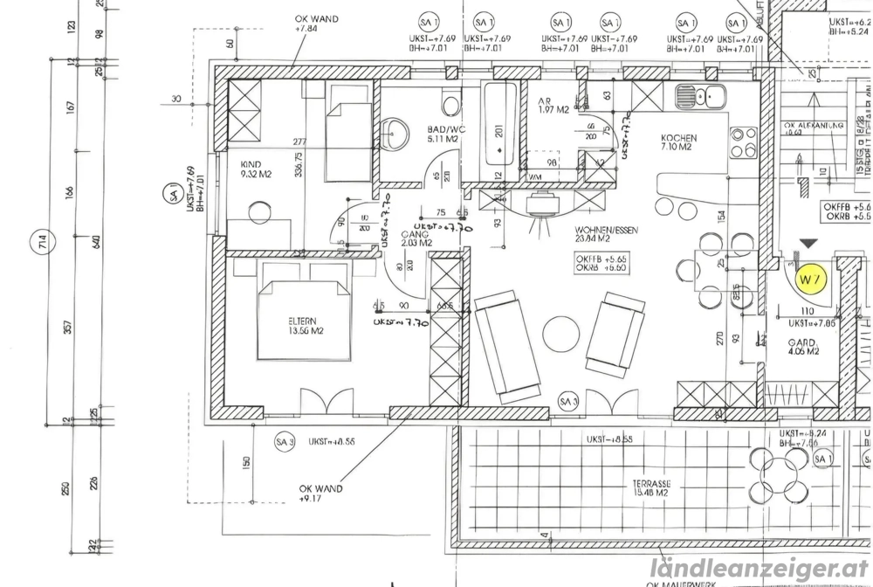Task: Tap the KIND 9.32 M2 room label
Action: [257, 169]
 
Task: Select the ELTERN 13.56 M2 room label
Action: [305, 325]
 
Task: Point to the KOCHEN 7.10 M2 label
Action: [678, 142]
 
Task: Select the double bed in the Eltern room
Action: [304, 320]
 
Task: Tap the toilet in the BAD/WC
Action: [451, 103]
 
